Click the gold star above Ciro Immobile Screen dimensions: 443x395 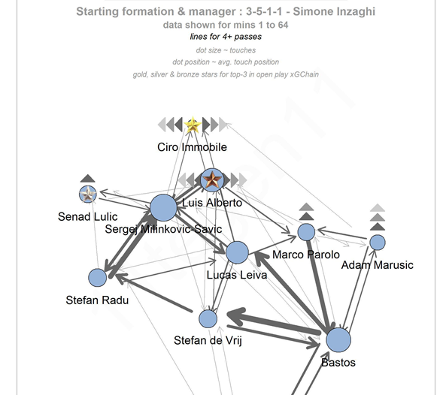193,125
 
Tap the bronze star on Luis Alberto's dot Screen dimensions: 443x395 212,179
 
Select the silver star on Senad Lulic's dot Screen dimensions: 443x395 88,194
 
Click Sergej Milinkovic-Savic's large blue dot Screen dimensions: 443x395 163,208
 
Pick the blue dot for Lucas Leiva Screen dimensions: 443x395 238,252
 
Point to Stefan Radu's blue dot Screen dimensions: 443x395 98,278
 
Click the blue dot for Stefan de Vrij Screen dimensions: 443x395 208,319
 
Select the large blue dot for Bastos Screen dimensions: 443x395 338,340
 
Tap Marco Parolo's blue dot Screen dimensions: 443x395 306,232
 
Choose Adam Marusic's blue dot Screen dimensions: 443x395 378,243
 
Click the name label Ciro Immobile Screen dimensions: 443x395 192,147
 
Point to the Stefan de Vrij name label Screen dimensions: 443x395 208,340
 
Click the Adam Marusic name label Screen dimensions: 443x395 377,265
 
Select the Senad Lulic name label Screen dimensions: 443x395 87,217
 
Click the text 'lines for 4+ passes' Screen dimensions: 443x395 226,37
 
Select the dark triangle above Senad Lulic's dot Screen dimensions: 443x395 87,178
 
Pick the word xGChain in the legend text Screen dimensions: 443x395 305,74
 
